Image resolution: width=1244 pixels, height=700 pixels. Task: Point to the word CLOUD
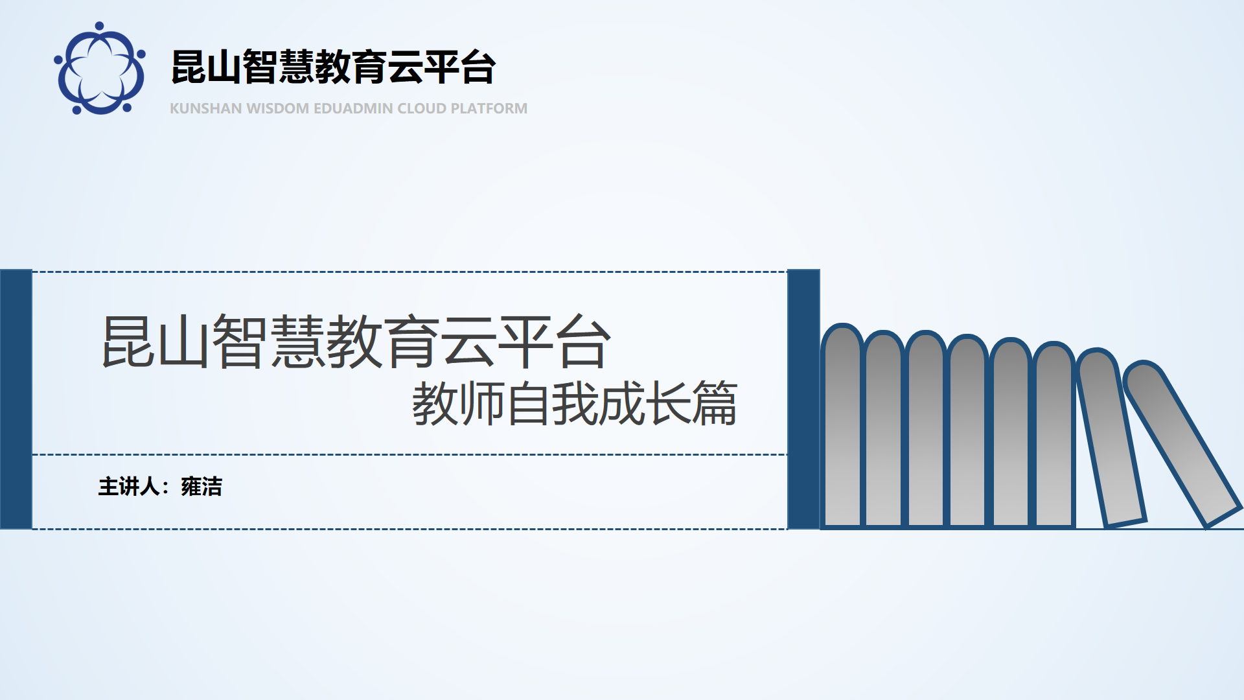tap(422, 108)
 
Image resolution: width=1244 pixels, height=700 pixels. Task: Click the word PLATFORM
tap(489, 108)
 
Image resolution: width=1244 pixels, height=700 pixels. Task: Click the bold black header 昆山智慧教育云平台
tap(333, 67)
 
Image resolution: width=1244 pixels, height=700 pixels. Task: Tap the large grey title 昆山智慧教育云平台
tap(356, 342)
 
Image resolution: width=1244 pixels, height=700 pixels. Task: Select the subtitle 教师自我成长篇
tap(575, 403)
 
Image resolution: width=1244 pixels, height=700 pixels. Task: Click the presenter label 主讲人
tap(129, 486)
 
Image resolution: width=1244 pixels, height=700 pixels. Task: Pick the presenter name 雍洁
tap(202, 486)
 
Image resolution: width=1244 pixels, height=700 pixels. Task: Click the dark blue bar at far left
tap(16, 399)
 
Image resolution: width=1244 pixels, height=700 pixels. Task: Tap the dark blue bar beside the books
tap(803, 399)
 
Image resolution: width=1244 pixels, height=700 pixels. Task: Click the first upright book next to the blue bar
tap(842, 426)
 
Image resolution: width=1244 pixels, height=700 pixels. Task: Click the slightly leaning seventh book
tap(1111, 437)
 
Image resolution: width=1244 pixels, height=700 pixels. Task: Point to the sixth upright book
tap(1054, 434)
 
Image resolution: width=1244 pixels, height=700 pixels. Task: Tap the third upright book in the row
tap(926, 429)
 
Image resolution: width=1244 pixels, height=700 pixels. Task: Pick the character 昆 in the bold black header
tap(189, 67)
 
